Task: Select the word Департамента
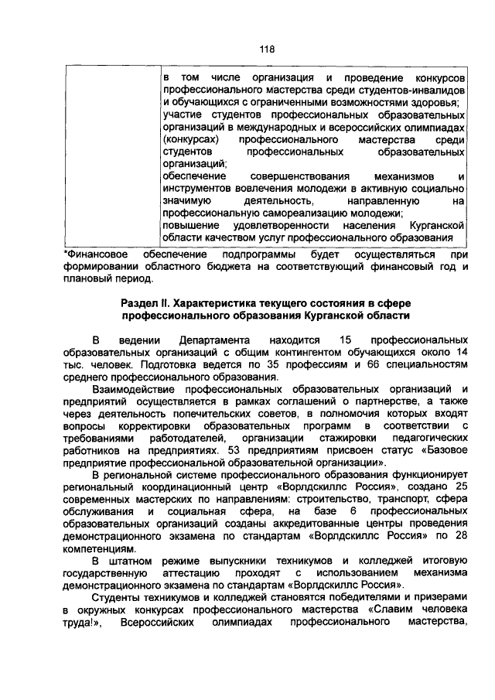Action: pyautogui.click(x=214, y=340)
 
